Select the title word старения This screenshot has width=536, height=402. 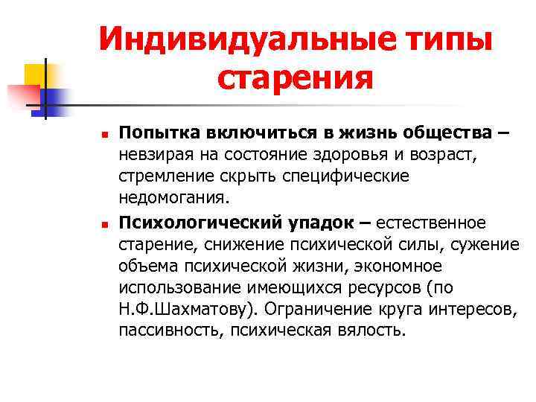point(296,77)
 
